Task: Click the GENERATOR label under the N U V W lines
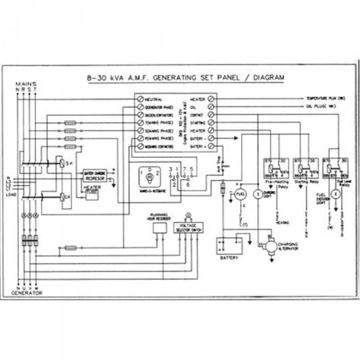pyautogui.click(x=27, y=293)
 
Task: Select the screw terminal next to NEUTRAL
pyautogui.click(x=140, y=99)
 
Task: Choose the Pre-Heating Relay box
pyautogui.click(x=274, y=167)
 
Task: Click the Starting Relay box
pyautogui.click(x=306, y=167)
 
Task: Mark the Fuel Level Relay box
pyautogui.click(x=337, y=167)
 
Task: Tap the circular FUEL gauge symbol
pyautogui.click(x=239, y=194)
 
